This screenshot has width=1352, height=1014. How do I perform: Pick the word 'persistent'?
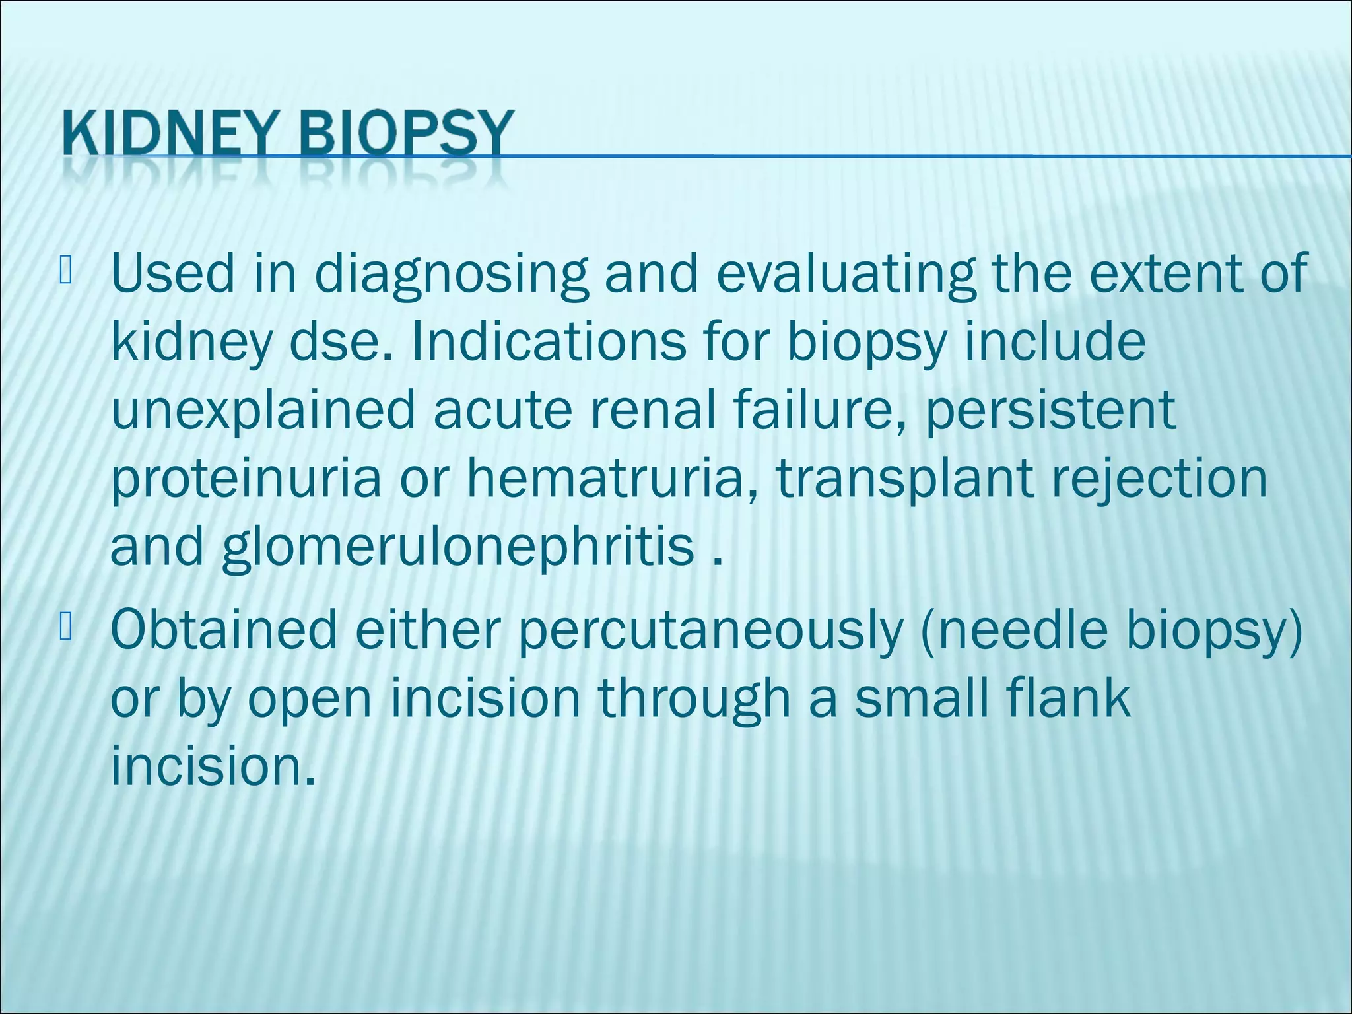1050,410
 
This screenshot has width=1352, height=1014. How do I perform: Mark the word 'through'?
694,700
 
